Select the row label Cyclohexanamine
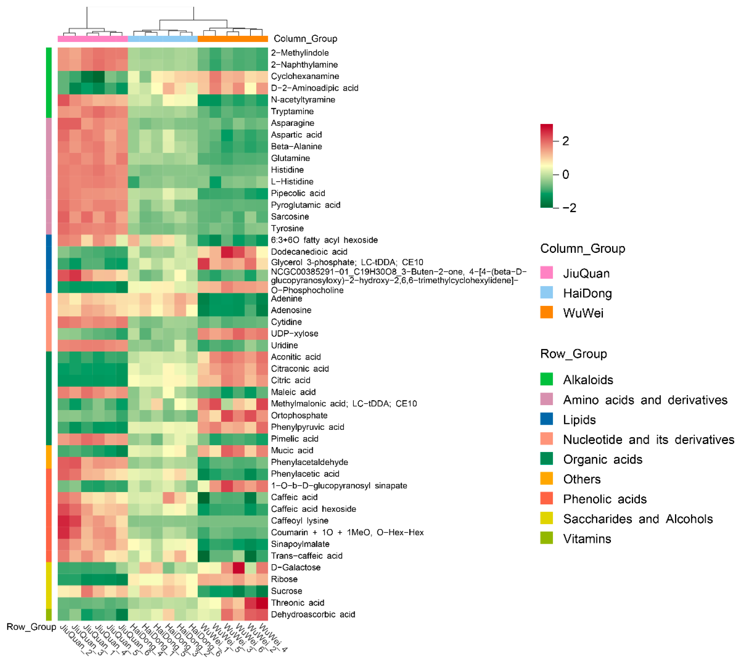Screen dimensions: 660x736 point(305,76)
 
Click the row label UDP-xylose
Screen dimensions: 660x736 point(294,334)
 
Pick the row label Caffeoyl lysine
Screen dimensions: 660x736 point(299,521)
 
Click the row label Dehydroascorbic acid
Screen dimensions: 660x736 point(313,614)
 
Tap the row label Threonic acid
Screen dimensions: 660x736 point(297,603)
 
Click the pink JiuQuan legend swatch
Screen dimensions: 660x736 point(546,273)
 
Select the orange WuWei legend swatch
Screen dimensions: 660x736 point(546,312)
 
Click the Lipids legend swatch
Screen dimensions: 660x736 point(546,419)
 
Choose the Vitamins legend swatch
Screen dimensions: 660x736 point(546,538)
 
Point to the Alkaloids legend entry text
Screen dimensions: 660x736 point(588,380)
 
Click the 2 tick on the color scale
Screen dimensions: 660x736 point(565,141)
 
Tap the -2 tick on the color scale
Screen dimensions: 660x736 point(569,208)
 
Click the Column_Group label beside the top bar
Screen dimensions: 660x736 point(305,39)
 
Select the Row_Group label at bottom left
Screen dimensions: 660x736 point(31,627)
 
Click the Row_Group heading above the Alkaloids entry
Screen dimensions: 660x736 point(573,354)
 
